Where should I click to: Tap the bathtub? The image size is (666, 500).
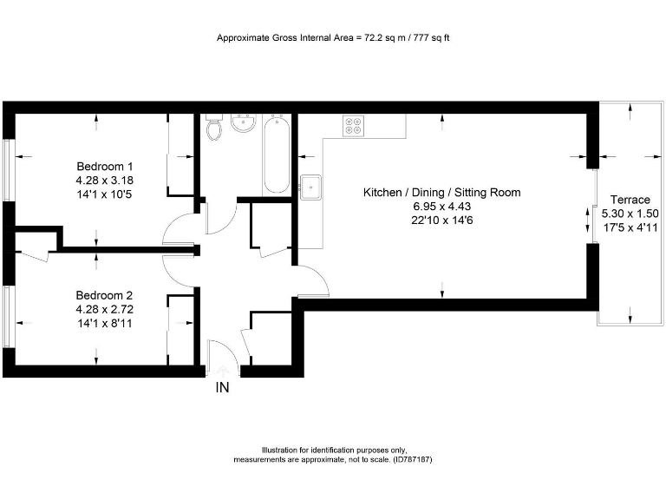(x=276, y=154)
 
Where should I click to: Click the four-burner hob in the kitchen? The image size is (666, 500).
(x=355, y=126)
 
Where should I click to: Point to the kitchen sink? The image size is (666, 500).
(x=311, y=187)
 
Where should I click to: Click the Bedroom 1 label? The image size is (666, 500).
(x=105, y=167)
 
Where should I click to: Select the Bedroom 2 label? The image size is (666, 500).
(x=104, y=295)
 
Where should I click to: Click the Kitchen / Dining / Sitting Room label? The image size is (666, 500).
(x=441, y=192)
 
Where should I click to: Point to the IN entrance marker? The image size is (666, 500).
(x=222, y=388)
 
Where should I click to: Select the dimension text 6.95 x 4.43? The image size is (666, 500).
(x=441, y=206)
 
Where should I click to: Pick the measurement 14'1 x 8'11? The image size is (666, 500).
(x=104, y=323)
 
